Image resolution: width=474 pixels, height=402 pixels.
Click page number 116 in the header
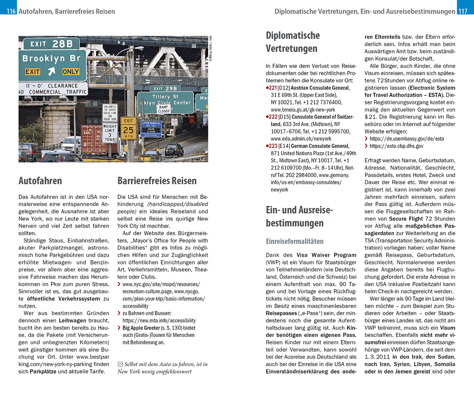coord(11,11)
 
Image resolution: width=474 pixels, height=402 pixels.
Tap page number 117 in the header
coord(463,11)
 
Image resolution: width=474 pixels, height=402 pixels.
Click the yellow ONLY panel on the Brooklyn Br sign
coord(71,72)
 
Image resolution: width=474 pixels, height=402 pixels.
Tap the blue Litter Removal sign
coord(151,128)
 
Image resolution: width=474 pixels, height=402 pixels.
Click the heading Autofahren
coord(40,181)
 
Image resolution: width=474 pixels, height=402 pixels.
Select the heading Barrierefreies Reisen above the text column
coord(157,181)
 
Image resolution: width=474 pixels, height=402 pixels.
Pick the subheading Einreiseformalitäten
coord(294,241)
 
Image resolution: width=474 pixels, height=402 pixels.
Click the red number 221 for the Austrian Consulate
coord(273,88)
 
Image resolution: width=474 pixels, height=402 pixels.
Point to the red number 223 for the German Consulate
coord(273,146)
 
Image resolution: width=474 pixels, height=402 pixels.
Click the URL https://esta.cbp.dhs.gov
coord(396,146)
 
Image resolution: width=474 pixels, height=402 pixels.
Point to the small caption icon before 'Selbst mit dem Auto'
coord(120,364)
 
